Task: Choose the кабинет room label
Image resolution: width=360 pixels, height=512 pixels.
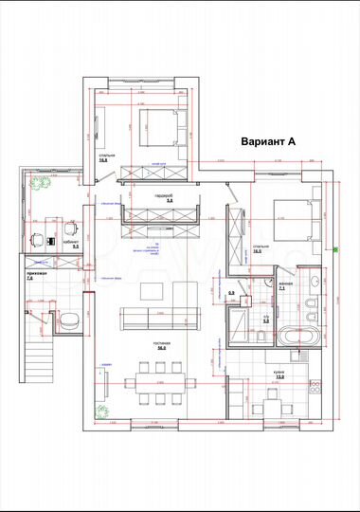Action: [70, 243]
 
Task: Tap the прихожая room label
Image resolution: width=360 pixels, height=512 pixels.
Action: [29, 276]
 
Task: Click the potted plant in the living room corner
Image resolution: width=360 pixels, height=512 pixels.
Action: [100, 409]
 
